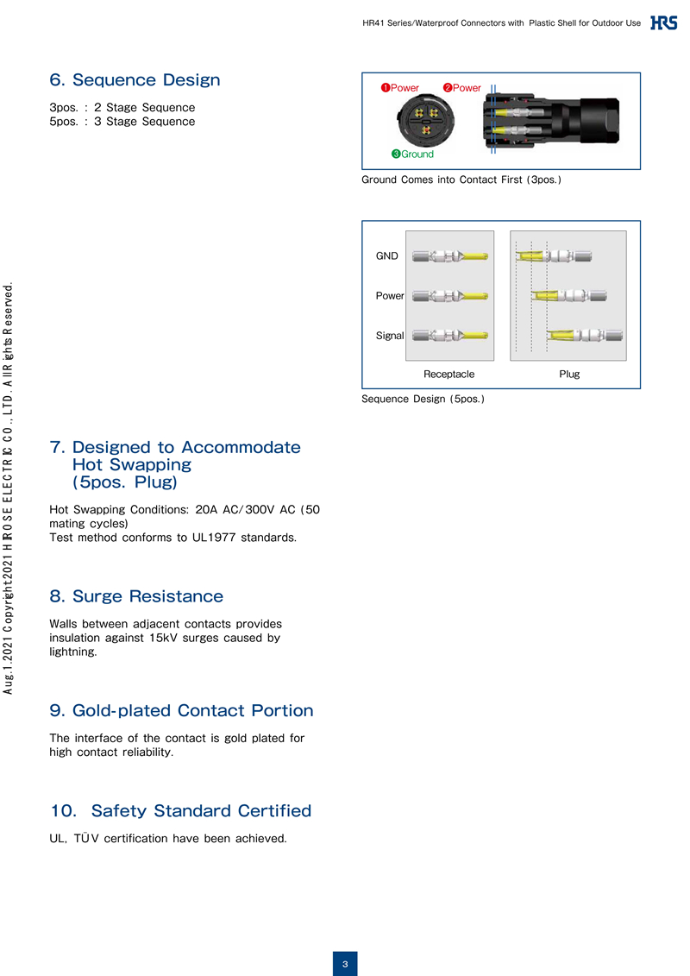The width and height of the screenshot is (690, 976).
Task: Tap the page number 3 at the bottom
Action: (345, 963)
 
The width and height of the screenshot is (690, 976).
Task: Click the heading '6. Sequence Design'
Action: (135, 80)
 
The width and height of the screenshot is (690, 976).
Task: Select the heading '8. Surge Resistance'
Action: (136, 596)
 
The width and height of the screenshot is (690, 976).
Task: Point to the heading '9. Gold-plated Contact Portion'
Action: (181, 711)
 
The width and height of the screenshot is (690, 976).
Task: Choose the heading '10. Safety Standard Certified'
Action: (180, 811)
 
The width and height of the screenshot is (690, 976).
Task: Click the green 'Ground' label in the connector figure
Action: (417, 154)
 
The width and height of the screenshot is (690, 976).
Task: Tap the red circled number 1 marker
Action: (386, 88)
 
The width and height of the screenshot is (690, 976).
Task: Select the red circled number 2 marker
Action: (448, 88)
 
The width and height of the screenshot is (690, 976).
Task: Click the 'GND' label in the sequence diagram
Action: (386, 256)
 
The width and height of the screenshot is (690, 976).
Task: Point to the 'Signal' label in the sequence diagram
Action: (390, 336)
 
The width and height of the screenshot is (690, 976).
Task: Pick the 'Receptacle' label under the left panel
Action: (448, 375)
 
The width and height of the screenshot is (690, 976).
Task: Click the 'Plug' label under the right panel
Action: (569, 375)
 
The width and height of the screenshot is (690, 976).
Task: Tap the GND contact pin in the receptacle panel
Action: (450, 256)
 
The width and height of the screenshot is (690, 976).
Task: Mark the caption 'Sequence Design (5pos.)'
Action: (423, 400)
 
